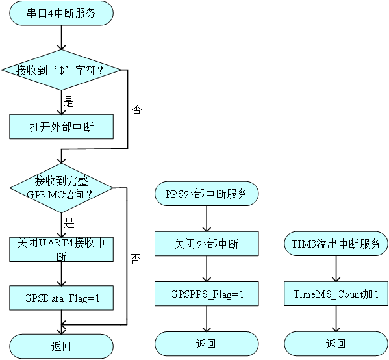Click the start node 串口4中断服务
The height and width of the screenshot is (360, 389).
[61, 13]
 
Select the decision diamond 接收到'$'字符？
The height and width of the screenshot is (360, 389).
[61, 70]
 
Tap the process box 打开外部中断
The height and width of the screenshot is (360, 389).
[61, 127]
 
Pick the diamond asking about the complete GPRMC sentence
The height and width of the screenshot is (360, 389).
[61, 188]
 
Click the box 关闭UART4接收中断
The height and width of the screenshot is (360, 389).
[61, 250]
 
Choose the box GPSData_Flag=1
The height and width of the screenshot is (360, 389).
[61, 298]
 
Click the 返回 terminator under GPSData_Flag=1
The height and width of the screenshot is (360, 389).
[61, 346]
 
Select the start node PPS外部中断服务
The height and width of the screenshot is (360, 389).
[207, 194]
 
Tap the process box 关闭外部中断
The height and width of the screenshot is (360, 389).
[207, 244]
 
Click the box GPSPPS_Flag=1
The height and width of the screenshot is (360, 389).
[207, 294]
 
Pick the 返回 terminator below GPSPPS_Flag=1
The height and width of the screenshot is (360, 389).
[207, 344]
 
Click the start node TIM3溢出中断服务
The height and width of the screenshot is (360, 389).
[336, 244]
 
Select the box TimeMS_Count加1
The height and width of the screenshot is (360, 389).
[336, 294]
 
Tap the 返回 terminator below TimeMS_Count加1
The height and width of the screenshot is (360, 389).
[336, 344]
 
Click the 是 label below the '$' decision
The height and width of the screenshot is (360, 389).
[69, 101]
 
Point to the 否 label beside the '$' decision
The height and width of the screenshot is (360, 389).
[136, 109]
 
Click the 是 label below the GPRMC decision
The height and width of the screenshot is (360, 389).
[69, 223]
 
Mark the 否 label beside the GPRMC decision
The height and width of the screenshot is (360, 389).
[136, 259]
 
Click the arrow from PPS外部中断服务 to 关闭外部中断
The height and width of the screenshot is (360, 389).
[207, 218]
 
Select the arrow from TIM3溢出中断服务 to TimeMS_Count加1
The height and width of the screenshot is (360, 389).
[336, 268]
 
